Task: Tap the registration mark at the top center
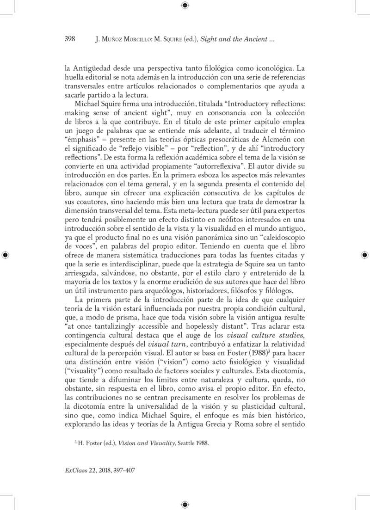click(185, 5)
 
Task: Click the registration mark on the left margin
click(5, 255)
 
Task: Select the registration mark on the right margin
click(364, 255)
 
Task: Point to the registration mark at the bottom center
click(185, 504)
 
